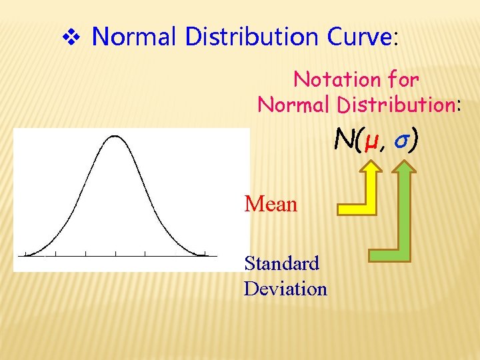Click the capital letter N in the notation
[344, 141]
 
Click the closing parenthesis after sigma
[415, 141]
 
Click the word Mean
[271, 204]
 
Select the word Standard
[282, 263]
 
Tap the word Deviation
[285, 289]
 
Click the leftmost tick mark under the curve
[25, 253]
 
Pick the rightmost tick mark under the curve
[205, 253]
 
